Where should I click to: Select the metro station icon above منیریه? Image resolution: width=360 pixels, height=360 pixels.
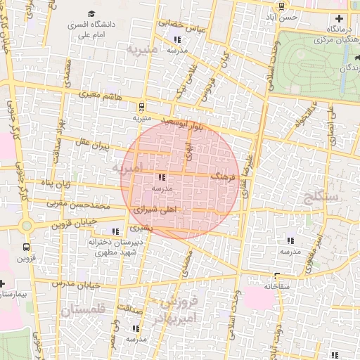coord(142,107)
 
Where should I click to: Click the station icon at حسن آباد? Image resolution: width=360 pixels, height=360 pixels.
coord(282,6)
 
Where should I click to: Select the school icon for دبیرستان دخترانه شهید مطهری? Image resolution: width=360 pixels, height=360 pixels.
coord(115,231)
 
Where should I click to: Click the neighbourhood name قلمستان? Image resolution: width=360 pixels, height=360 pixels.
coord(82,309)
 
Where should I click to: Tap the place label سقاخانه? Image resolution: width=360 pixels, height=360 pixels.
coord(278,288)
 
